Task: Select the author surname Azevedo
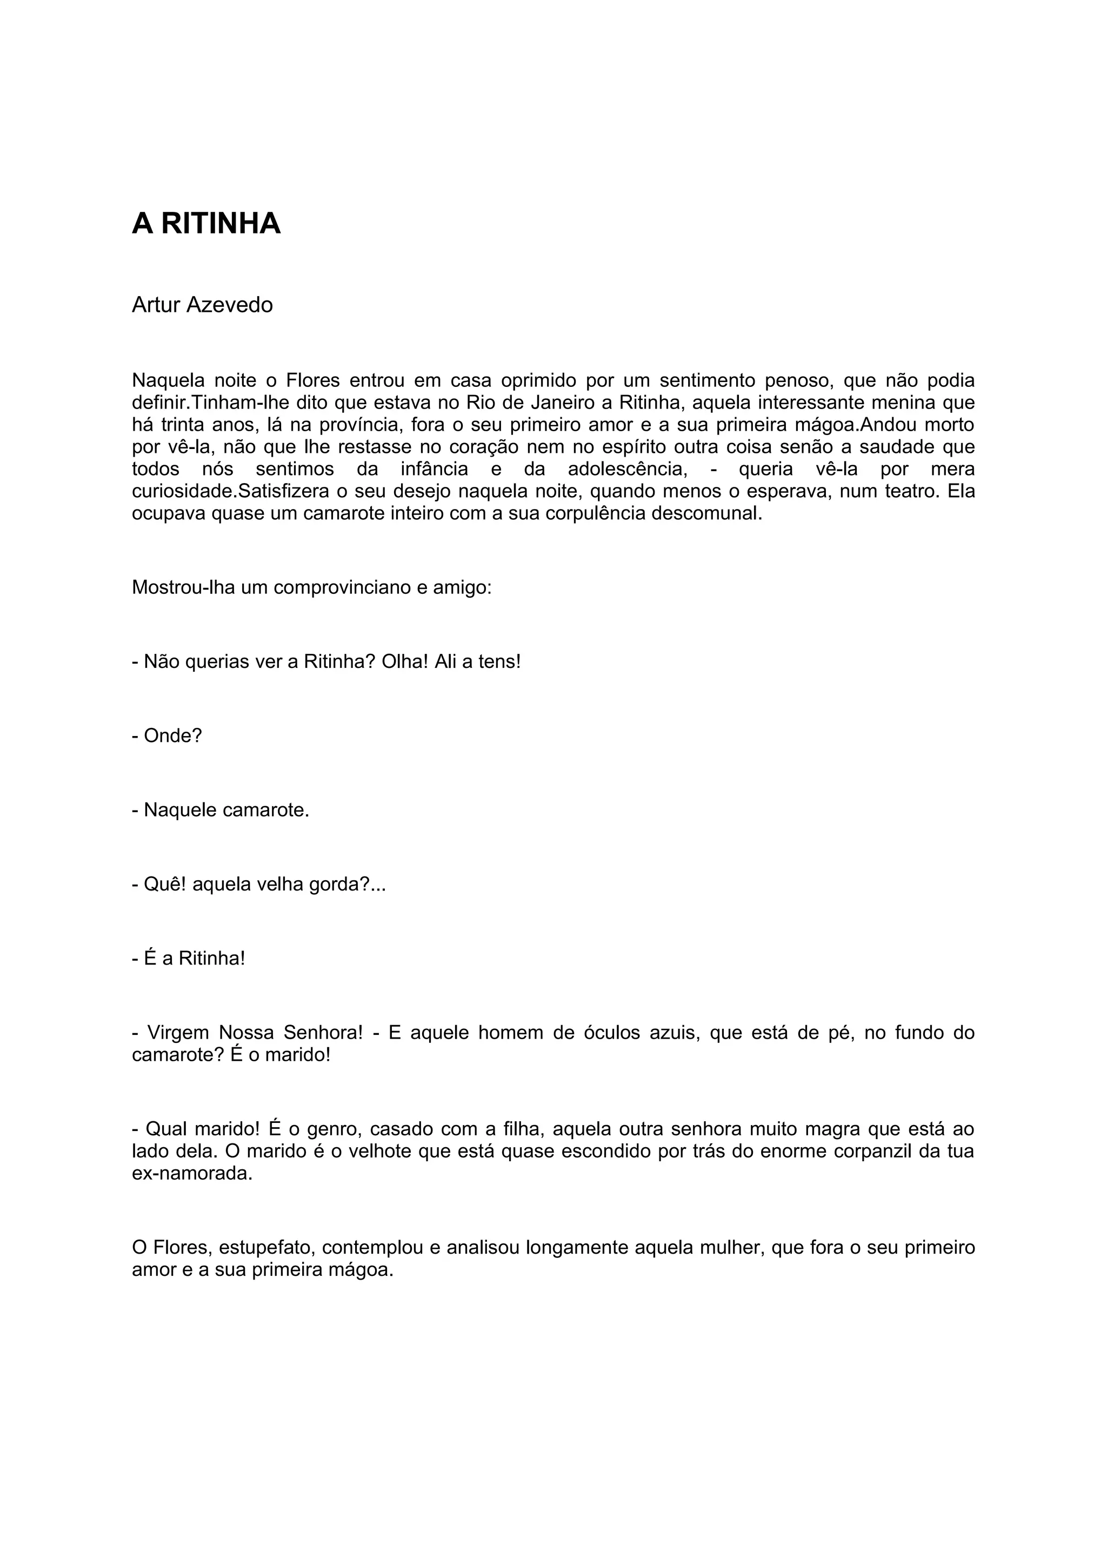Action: [x=229, y=305]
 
